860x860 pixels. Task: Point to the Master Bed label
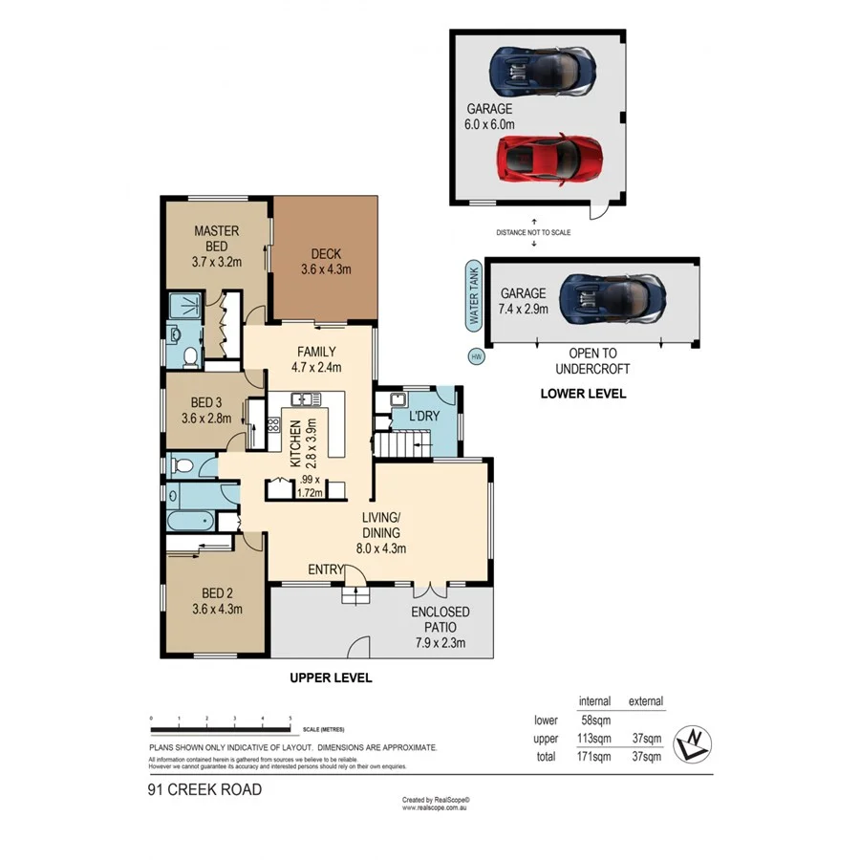(x=217, y=246)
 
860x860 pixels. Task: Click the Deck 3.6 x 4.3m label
(x=320, y=261)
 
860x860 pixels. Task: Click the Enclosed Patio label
(x=440, y=627)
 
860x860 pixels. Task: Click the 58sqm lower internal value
(x=596, y=720)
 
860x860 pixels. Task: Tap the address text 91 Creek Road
(x=204, y=789)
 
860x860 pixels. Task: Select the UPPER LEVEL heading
(x=331, y=677)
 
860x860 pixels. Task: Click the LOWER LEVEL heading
(x=583, y=393)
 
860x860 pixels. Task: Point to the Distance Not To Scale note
(x=533, y=232)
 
